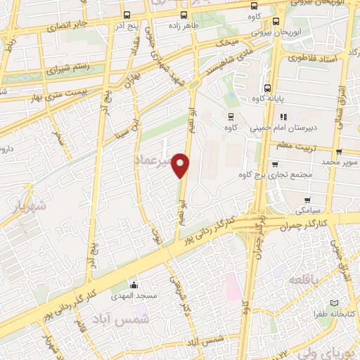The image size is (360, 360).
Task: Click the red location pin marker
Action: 181,165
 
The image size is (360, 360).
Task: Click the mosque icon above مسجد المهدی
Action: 134,285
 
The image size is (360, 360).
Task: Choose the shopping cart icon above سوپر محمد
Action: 339,151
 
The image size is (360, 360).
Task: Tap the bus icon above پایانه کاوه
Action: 267,89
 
